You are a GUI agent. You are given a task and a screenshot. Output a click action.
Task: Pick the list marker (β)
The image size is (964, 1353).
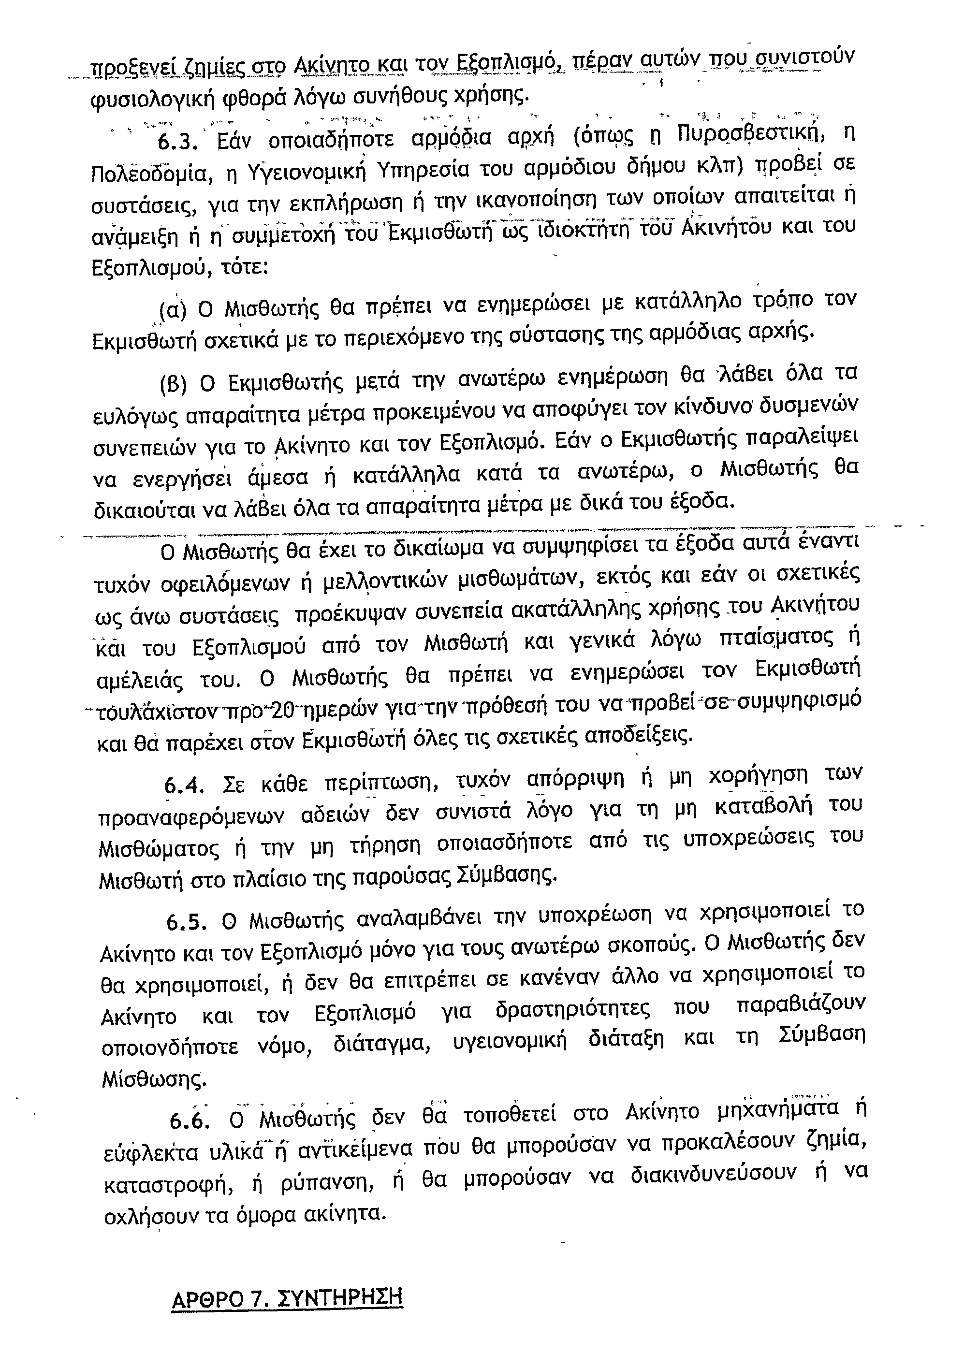(174, 385)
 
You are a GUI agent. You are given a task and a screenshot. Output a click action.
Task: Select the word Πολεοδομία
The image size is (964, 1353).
(151, 175)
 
